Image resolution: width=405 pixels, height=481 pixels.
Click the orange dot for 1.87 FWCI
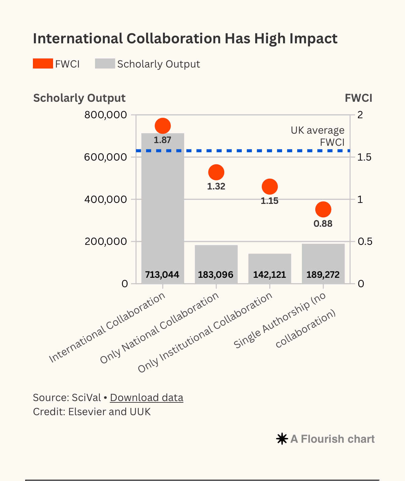[163, 126]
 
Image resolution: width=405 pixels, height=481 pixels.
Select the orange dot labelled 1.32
[216, 172]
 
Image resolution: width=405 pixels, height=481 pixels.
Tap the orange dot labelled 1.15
[270, 186]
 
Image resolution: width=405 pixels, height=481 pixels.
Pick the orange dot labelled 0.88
[323, 210]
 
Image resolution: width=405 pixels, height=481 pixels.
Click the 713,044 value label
[162, 275]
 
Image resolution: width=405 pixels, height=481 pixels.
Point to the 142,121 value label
[270, 275]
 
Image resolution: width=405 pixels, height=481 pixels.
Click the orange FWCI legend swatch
[43, 63]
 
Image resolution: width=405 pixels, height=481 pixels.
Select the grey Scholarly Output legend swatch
[105, 63]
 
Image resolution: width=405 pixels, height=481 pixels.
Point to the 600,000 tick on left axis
[106, 157]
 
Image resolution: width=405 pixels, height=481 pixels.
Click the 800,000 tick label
[106, 115]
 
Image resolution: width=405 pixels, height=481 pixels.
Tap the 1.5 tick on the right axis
[364, 157]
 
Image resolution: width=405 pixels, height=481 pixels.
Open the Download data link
[146, 398]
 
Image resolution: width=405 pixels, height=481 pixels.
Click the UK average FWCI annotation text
[317, 136]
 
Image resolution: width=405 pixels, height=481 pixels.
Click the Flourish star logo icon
[282, 439]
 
